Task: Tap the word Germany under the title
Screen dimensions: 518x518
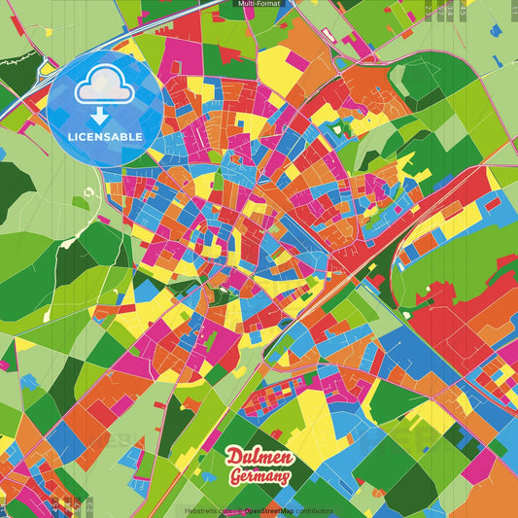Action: [x=259, y=476]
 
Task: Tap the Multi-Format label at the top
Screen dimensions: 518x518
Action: [x=259, y=5]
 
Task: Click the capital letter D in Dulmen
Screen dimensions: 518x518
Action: [x=234, y=458]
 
